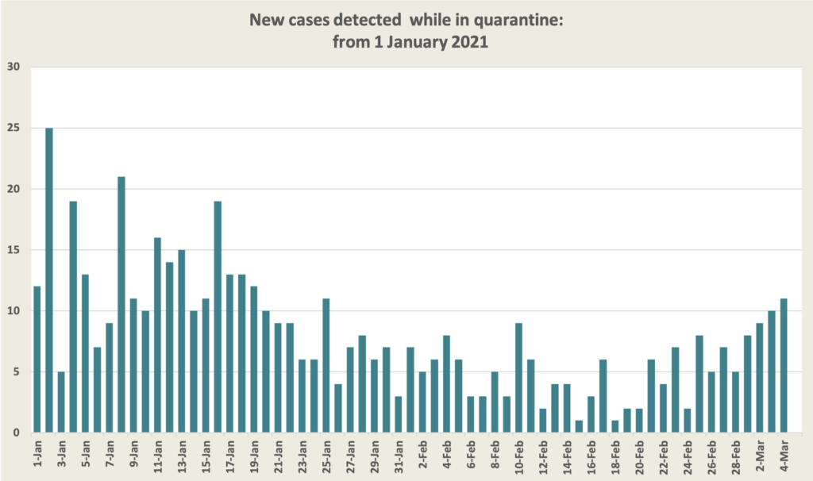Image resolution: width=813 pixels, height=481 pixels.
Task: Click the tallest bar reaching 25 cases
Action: click(x=49, y=280)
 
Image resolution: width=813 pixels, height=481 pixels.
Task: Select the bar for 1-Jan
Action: click(x=37, y=360)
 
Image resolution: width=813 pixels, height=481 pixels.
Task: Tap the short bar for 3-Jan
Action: click(x=61, y=402)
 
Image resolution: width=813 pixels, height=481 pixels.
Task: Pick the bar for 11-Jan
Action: click(x=158, y=335)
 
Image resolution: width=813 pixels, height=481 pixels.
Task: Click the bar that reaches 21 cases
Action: click(x=121, y=305)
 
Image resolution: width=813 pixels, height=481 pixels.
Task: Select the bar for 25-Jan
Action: click(x=326, y=365)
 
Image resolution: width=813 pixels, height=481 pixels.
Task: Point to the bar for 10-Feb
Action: click(x=518, y=378)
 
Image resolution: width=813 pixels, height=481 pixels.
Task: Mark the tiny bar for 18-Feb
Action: click(x=615, y=426)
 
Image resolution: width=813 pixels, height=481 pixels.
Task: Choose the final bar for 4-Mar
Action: click(x=784, y=365)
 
